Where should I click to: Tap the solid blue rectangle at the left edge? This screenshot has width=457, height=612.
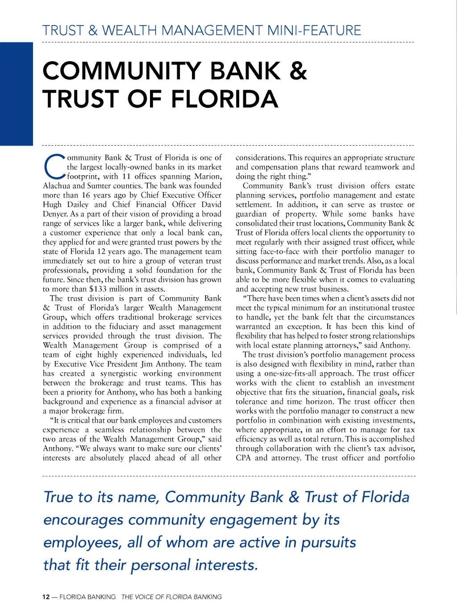[17, 94]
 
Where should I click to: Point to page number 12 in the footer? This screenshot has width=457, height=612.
[46, 597]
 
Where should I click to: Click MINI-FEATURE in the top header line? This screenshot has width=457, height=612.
[314, 30]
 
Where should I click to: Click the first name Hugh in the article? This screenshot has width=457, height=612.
[52, 205]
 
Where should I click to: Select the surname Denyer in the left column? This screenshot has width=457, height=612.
[55, 214]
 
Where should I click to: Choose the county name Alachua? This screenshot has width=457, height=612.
[57, 186]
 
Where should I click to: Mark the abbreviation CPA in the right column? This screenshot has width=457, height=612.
[243, 458]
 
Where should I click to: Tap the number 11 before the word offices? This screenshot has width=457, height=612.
[127, 176]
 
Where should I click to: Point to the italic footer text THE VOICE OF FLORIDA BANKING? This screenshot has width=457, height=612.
[171, 597]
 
